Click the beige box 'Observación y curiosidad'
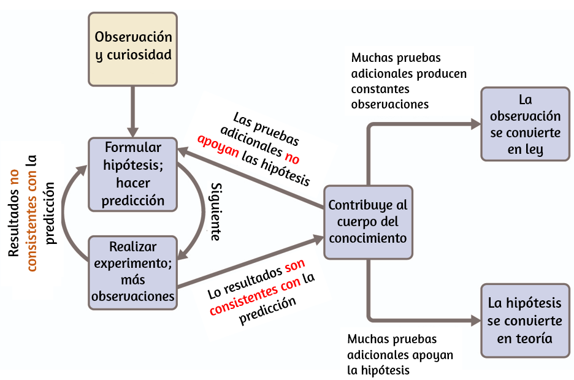[x=133, y=50]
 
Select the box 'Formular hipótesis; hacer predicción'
[x=133, y=175]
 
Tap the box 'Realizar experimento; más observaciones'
[x=133, y=273]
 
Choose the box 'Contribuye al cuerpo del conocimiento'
[x=369, y=222]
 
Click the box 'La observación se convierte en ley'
[x=526, y=124]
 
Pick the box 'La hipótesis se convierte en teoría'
[x=526, y=321]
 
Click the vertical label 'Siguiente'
[x=216, y=212]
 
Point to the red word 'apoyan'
[x=218, y=145]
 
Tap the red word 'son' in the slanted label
[x=295, y=265]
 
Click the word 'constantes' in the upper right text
[x=380, y=89]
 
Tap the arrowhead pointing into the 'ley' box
[x=476, y=124]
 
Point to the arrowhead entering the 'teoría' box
[x=476, y=321]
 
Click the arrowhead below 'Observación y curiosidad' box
[x=132, y=132]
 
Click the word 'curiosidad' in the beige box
[x=139, y=55]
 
